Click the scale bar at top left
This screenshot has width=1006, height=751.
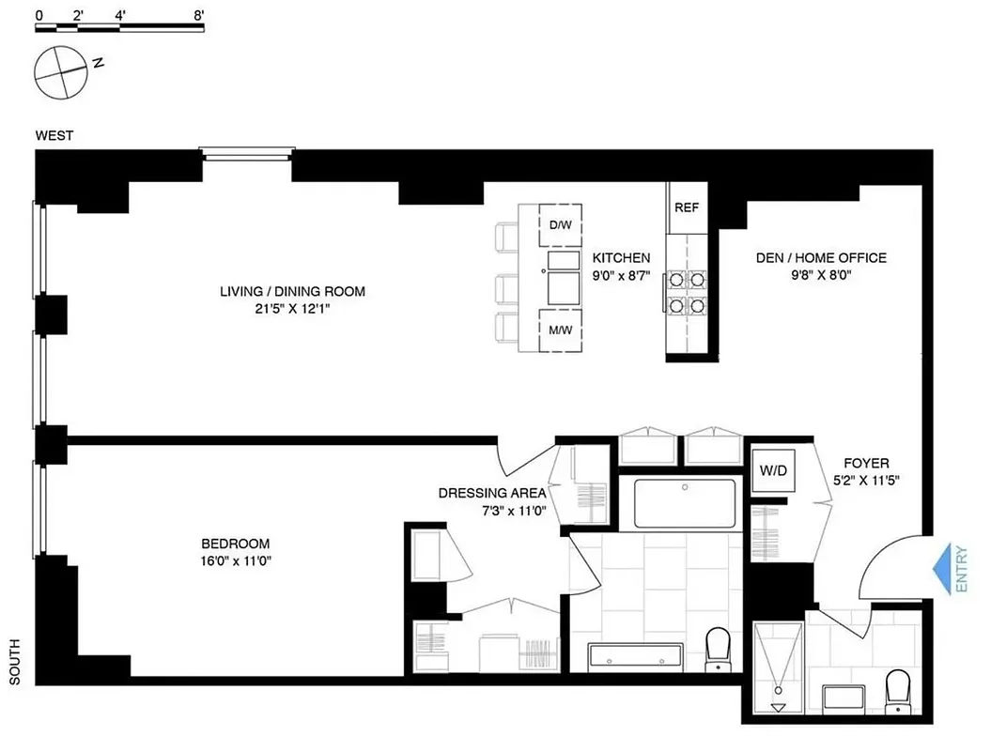(119, 27)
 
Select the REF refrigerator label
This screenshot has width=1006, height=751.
(687, 207)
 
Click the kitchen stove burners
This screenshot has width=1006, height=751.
(687, 292)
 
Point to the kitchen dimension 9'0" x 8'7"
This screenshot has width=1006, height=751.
(621, 275)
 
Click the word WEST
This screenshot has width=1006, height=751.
(54, 135)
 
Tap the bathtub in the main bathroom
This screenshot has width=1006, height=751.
(685, 504)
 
